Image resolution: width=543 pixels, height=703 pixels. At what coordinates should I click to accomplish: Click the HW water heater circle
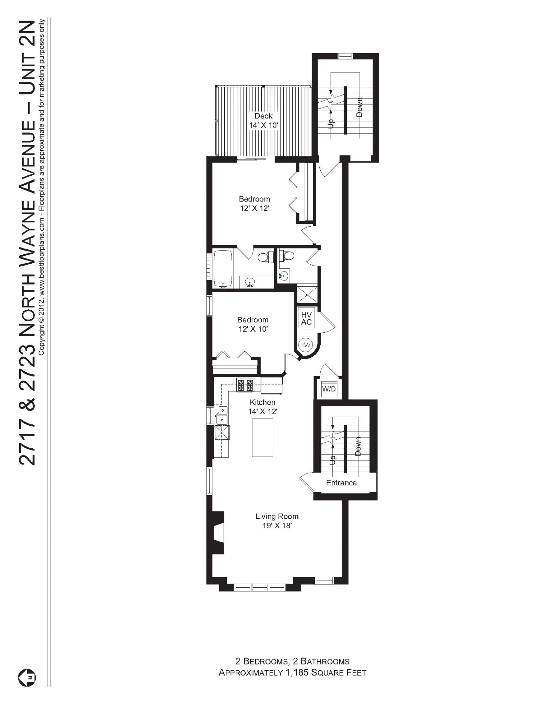coord(305,345)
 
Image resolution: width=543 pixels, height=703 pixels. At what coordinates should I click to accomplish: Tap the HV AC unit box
coord(306,318)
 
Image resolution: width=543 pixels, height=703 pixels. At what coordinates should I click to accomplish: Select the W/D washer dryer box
coord(329,389)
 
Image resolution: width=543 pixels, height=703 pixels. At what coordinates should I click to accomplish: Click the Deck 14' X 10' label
coord(263,120)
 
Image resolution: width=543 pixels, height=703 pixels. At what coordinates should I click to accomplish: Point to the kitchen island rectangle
coord(262,437)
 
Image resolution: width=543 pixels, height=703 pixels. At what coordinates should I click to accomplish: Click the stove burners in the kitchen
coord(245,385)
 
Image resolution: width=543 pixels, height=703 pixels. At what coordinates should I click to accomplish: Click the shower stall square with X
coord(307,294)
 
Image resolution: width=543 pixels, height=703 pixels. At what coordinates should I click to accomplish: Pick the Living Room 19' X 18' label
coord(277,521)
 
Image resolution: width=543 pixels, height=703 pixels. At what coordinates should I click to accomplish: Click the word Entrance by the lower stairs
coord(341,483)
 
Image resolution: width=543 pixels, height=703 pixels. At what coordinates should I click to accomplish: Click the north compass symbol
coord(27,678)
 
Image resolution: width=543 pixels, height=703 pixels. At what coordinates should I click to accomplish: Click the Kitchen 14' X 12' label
coord(262,406)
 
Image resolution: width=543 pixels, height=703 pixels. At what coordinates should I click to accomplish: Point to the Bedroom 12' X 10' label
coord(253,324)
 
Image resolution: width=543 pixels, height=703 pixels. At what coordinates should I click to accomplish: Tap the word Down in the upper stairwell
coord(359,107)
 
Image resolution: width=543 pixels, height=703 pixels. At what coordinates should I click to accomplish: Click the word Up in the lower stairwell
coord(332,460)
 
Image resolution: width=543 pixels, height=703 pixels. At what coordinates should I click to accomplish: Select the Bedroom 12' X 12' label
coord(254,204)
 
